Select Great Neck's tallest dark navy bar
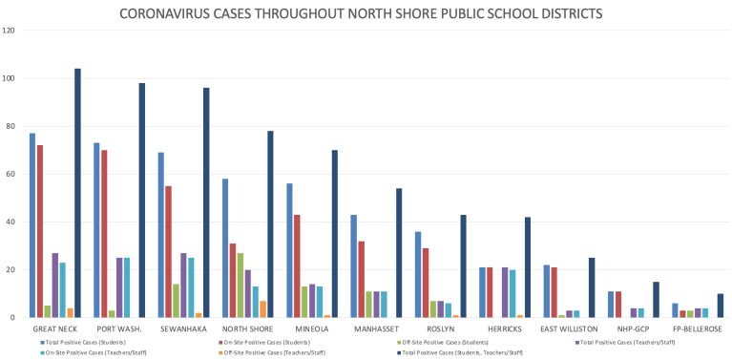click(77, 193)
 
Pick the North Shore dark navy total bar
click(270, 224)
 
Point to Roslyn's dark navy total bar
click(464, 266)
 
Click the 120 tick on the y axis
click(10, 31)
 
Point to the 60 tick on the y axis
click(10, 174)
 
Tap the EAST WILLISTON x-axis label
click(569, 328)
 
